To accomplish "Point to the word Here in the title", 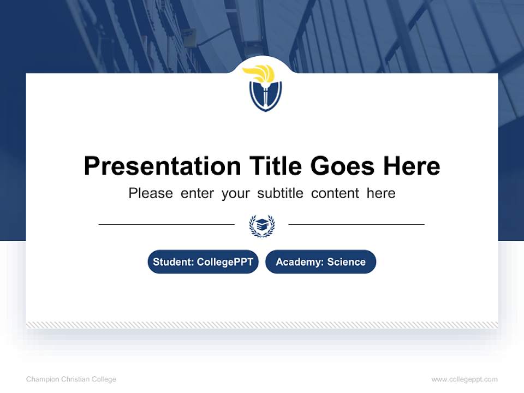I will click(x=411, y=166).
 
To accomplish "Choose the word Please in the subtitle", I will click(x=151, y=193).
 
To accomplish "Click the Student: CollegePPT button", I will click(x=203, y=262).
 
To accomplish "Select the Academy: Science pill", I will click(x=320, y=262).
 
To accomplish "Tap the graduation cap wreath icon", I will click(x=262, y=225).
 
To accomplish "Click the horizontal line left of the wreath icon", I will click(x=166, y=224).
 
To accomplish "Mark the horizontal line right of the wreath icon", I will click(x=356, y=224).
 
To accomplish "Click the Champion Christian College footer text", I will click(x=71, y=379).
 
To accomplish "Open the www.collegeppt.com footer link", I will click(x=465, y=379).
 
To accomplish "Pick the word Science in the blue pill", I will click(x=347, y=262).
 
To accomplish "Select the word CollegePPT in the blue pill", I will click(x=224, y=262).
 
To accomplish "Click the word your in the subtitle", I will click(x=236, y=193).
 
